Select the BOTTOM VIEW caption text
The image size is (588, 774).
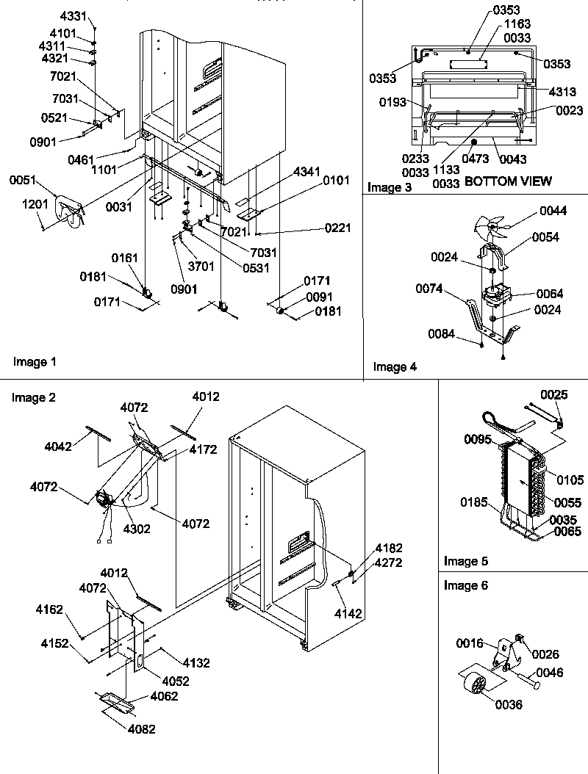point(508,181)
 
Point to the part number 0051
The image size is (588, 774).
point(23,178)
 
